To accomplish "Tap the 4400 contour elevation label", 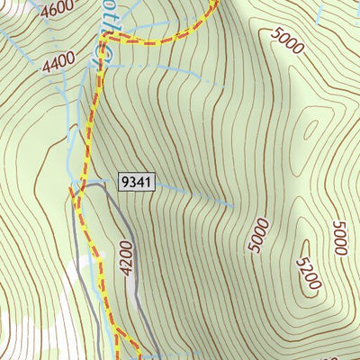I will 58,62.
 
